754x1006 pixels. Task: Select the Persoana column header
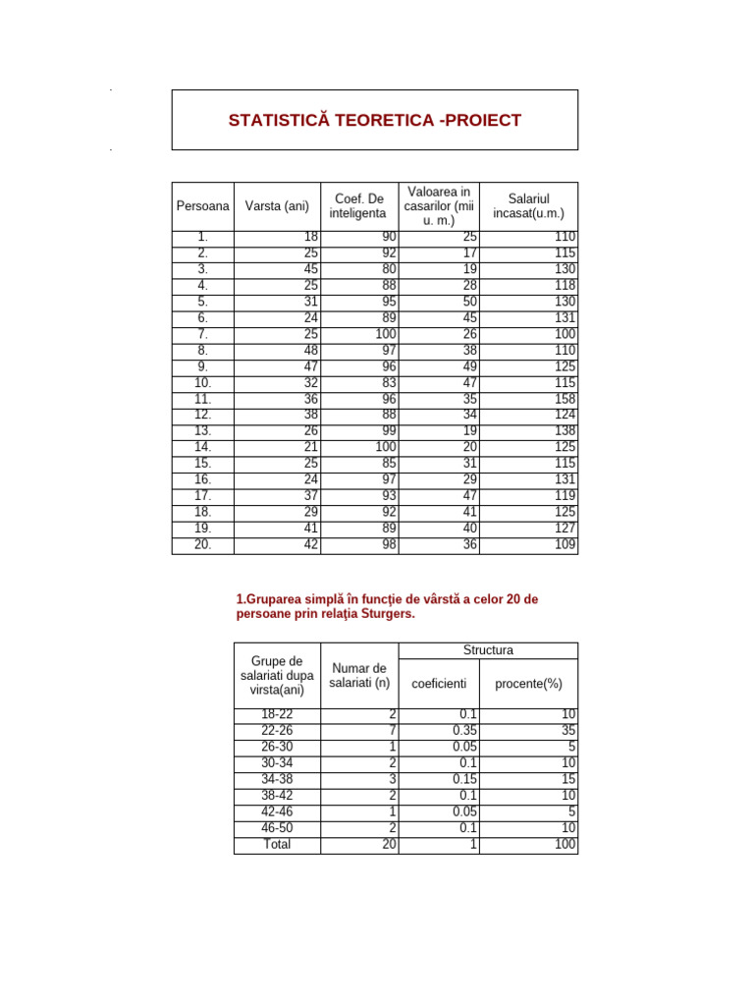[x=203, y=206]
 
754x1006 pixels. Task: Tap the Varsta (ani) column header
[x=277, y=206]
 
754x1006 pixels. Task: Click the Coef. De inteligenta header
[x=359, y=206]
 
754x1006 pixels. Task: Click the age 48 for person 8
[x=310, y=351]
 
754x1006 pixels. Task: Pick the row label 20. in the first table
[x=203, y=545]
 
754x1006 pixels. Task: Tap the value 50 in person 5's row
[x=470, y=303]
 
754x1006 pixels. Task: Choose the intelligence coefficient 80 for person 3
[x=390, y=270]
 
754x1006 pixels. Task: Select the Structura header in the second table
[x=488, y=650]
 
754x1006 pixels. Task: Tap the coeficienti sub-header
[x=439, y=684]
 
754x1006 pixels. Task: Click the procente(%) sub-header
[x=528, y=684]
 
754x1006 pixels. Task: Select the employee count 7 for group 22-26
[x=393, y=731]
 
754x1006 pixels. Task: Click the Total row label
[x=278, y=844]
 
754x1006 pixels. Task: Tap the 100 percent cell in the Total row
[x=565, y=844]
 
